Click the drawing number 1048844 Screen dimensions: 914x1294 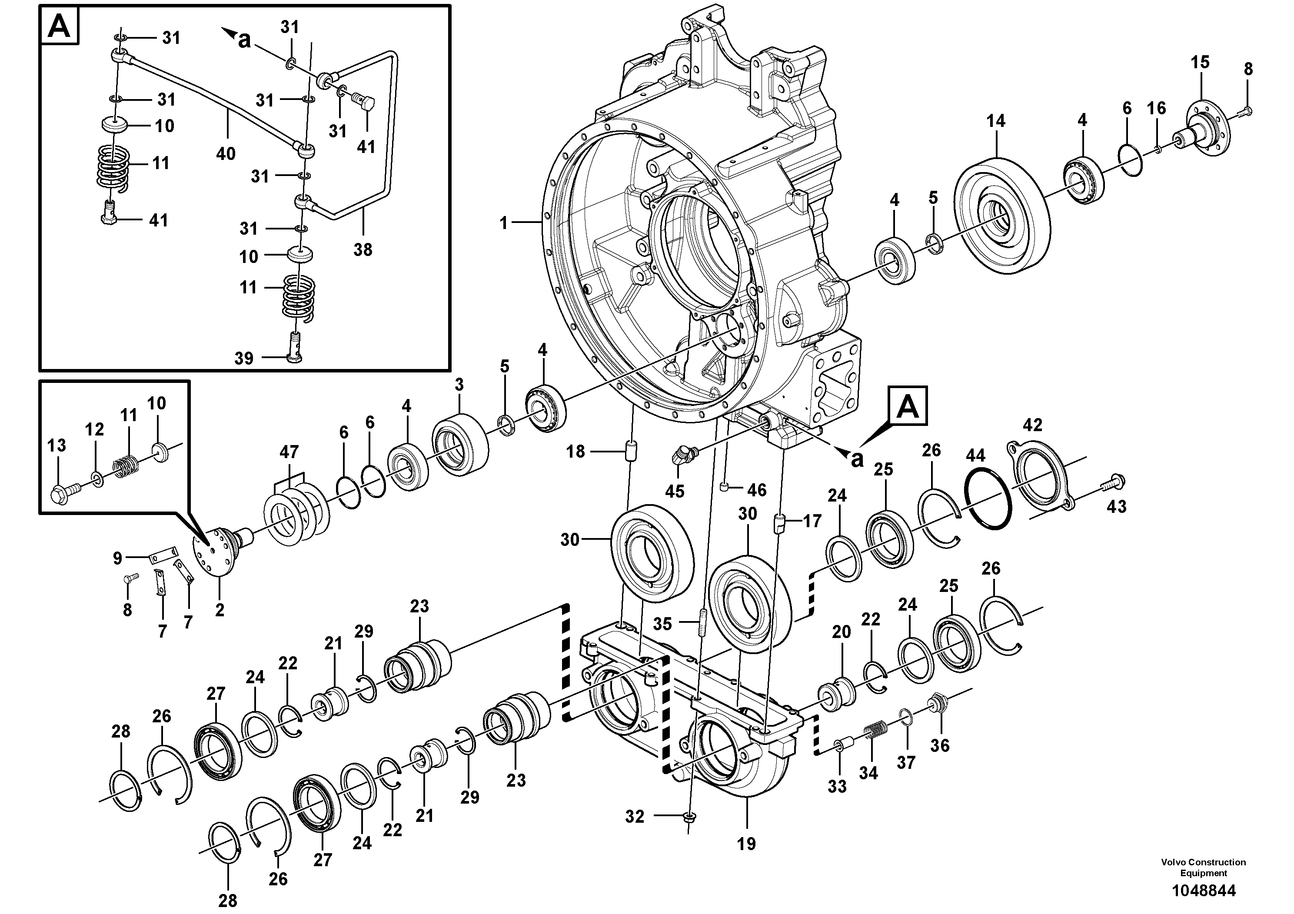point(1203,891)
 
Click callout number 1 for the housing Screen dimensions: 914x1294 point(504,223)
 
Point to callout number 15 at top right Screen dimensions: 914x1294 point(1199,63)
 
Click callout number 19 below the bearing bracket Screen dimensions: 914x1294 point(746,844)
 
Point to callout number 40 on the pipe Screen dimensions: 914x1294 point(226,153)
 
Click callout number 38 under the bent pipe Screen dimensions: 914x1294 point(363,249)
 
